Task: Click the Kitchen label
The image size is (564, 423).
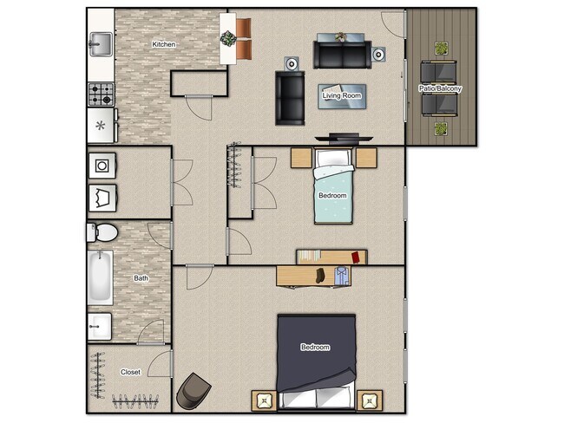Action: tap(164, 44)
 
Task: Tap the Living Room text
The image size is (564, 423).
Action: tap(342, 95)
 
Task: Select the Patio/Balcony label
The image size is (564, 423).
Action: tap(442, 88)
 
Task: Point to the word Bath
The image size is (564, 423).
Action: tap(141, 278)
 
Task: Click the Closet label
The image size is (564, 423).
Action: tap(130, 372)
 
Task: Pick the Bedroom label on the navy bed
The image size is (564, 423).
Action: tap(315, 348)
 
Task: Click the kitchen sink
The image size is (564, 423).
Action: tap(100, 42)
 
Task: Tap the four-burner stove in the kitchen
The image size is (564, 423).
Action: tap(101, 93)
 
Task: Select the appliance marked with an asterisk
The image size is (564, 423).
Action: tap(101, 126)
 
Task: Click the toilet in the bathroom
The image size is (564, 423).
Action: tap(102, 232)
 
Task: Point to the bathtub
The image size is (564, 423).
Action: tap(100, 277)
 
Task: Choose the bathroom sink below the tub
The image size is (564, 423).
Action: tap(99, 327)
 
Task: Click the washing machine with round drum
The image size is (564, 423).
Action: tap(101, 165)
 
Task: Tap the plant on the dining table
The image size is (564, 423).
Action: tap(228, 38)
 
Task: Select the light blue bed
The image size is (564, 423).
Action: tap(333, 192)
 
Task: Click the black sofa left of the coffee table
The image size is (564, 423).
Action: tap(290, 97)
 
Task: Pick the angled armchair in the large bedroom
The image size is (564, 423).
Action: tap(193, 391)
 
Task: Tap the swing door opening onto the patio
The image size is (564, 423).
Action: tap(393, 23)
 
